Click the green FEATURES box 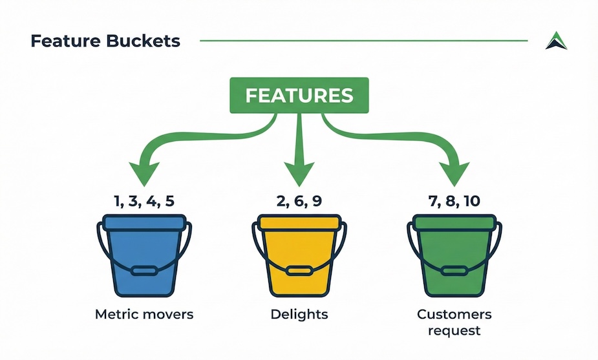pyautogui.click(x=299, y=96)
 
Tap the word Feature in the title pyautogui.click(x=65, y=41)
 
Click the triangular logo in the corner pyautogui.click(x=556, y=41)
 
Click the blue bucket pyautogui.click(x=144, y=255)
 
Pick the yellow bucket pyautogui.click(x=299, y=255)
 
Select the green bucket pyautogui.click(x=454, y=255)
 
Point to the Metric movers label pyautogui.click(x=144, y=314)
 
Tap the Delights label pyautogui.click(x=299, y=314)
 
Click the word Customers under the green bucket pyautogui.click(x=454, y=314)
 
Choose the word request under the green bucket pyautogui.click(x=454, y=330)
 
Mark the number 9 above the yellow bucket pyautogui.click(x=317, y=201)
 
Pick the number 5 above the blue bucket pyautogui.click(x=170, y=201)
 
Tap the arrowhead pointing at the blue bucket pyautogui.click(x=144, y=173)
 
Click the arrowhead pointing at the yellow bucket pyautogui.click(x=299, y=173)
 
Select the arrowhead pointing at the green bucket pyautogui.click(x=454, y=173)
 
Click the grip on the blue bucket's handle pyautogui.click(x=144, y=271)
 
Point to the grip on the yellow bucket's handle pyautogui.click(x=299, y=271)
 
